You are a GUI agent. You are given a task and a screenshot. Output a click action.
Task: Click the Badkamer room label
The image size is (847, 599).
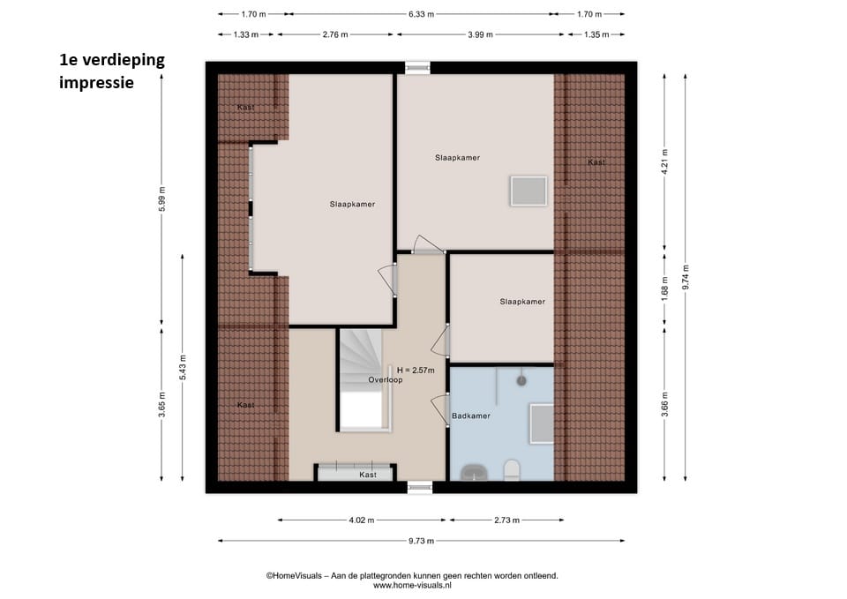471,416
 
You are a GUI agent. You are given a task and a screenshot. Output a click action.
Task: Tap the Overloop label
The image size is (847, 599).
386,379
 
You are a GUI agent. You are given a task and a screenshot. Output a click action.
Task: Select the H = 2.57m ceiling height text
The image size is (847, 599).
416,371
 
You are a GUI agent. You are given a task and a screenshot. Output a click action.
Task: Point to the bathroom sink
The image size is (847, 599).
474,472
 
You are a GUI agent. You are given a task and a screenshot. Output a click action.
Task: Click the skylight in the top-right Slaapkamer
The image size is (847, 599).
528,191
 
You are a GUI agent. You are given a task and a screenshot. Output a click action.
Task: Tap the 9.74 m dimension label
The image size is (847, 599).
686,277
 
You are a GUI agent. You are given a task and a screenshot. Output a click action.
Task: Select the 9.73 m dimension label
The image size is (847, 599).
422,541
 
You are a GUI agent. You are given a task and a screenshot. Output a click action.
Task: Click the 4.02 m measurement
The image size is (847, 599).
362,520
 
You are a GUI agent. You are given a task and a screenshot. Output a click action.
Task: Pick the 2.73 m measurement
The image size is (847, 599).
506,520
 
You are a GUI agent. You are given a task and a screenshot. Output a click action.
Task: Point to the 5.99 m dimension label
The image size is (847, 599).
162,199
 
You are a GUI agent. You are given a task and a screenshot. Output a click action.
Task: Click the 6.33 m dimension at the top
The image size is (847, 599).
422,14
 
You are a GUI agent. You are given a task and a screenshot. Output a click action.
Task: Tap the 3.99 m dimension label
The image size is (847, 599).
480,34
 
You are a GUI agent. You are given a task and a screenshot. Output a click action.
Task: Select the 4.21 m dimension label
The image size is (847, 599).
665,161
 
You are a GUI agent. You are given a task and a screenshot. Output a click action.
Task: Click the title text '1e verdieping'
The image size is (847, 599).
112,59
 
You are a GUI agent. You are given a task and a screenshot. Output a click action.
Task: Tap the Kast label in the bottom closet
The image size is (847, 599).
368,475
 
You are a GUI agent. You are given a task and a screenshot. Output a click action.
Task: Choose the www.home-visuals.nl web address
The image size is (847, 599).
412,585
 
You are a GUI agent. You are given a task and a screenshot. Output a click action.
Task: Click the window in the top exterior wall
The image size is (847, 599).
417,68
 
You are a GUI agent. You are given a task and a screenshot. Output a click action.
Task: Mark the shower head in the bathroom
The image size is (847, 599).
521,381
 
